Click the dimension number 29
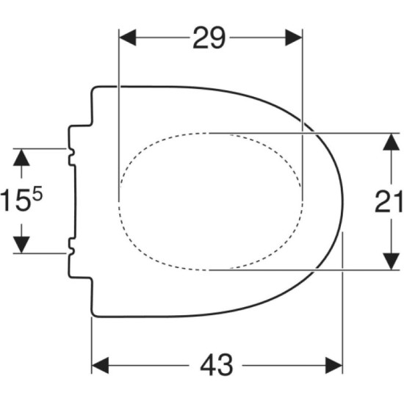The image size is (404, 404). (209, 38)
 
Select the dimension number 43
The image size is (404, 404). (217, 365)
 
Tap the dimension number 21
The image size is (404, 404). (389, 202)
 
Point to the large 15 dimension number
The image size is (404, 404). (15, 200)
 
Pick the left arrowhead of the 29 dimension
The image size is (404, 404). (128, 37)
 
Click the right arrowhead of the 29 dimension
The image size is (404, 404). (294, 37)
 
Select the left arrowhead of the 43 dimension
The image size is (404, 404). (100, 365)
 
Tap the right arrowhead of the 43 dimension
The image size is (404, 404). (333, 365)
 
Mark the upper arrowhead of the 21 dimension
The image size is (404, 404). (391, 142)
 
